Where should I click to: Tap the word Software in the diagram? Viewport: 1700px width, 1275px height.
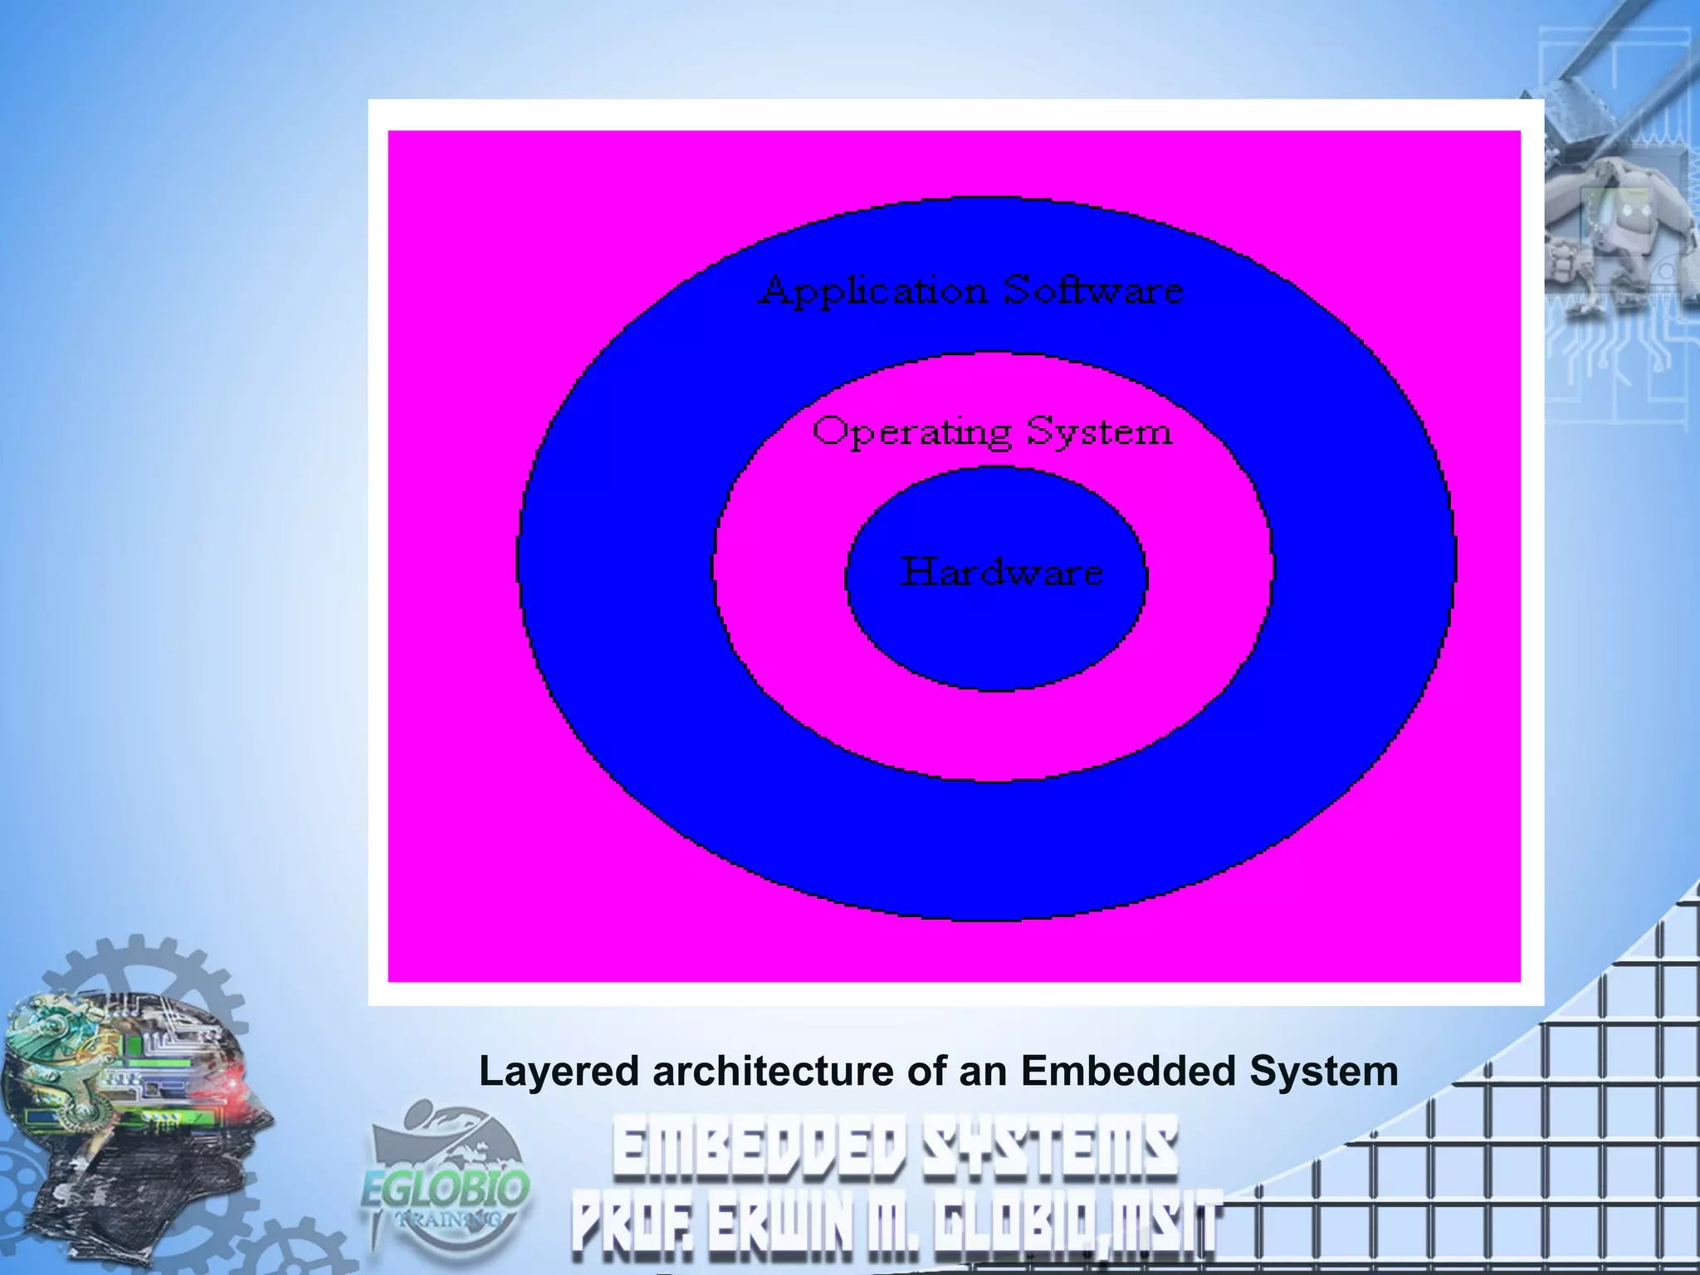point(1093,291)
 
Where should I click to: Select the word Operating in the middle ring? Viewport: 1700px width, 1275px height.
point(911,432)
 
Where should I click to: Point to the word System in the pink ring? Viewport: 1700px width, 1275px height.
point(1099,432)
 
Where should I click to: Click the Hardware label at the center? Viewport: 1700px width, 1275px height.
point(1002,572)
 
